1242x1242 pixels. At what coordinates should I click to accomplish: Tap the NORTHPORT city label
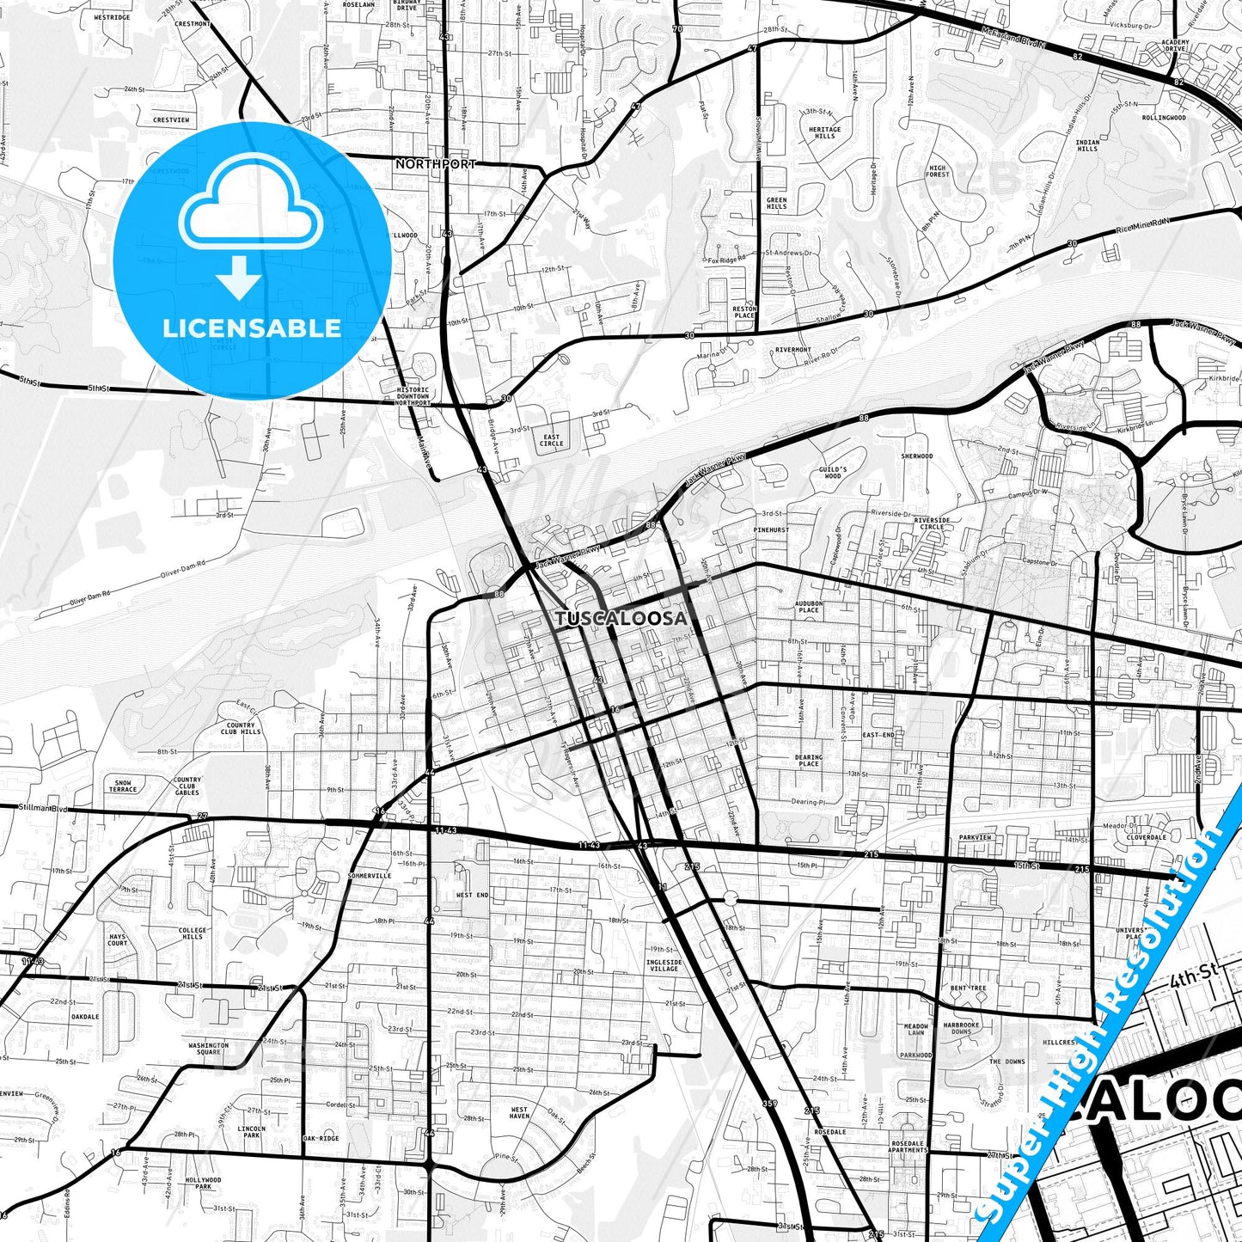[436, 163]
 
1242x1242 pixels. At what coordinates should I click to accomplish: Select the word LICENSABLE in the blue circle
[252, 327]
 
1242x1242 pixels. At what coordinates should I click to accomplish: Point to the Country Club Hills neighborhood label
[241, 729]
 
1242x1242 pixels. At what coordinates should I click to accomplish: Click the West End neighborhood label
[472, 895]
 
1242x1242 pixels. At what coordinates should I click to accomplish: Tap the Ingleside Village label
[664, 965]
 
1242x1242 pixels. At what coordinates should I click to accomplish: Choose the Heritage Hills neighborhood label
[824, 132]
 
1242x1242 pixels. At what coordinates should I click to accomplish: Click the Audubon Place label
[809, 607]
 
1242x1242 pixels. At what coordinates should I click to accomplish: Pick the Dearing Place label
[808, 761]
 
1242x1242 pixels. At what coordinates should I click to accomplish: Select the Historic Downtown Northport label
[413, 396]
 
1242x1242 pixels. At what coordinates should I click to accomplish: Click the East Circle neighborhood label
[552, 440]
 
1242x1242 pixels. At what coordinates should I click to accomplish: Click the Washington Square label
[208, 1049]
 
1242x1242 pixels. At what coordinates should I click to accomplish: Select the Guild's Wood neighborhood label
[832, 472]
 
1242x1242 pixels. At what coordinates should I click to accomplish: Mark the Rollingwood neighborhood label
[1164, 118]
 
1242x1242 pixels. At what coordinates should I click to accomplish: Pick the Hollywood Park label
[203, 1183]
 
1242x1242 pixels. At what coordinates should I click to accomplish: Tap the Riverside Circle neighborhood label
[932, 523]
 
